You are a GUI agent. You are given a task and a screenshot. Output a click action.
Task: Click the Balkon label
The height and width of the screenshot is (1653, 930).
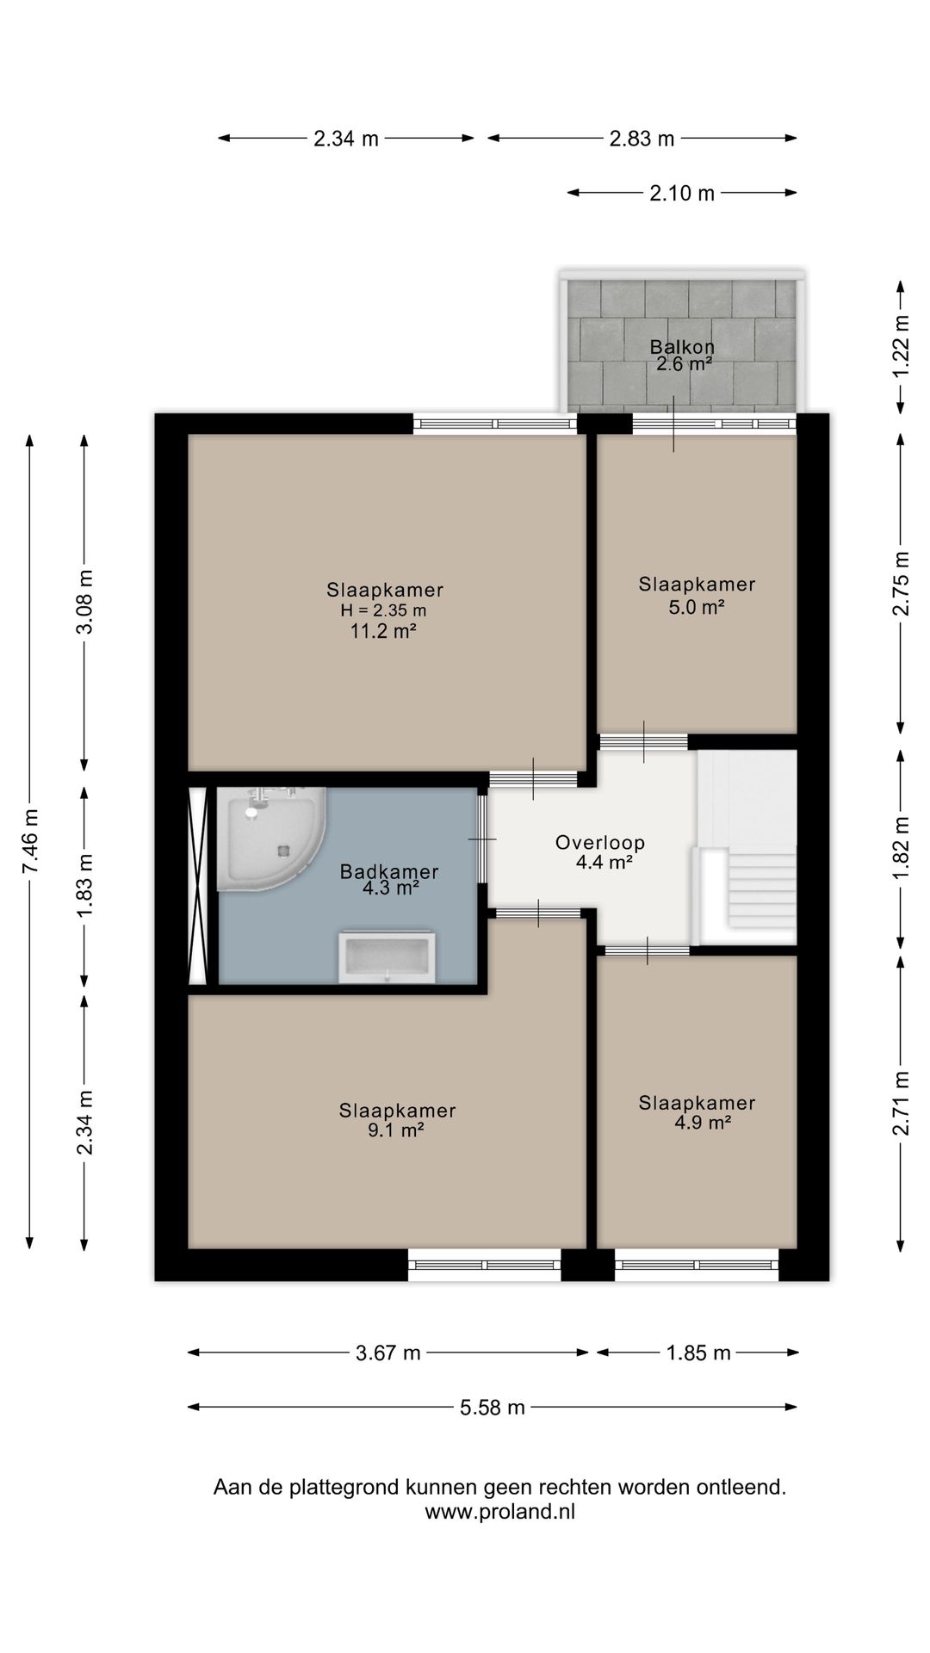click(x=682, y=348)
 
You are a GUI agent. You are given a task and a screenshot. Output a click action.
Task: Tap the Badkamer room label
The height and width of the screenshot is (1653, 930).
click(x=389, y=871)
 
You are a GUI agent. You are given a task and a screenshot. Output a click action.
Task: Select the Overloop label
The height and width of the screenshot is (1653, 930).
click(x=599, y=843)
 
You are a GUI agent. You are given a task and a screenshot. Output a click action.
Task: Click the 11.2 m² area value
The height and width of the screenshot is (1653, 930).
click(x=384, y=632)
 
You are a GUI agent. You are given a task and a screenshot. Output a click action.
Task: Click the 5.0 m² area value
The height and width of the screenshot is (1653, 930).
click(x=697, y=607)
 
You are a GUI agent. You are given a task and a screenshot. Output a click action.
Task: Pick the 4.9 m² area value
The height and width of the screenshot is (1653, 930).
click(x=704, y=1123)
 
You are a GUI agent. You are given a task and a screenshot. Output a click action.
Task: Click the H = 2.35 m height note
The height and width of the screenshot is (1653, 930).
click(x=384, y=610)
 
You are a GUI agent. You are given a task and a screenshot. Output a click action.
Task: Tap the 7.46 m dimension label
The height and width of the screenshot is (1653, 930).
click(x=30, y=841)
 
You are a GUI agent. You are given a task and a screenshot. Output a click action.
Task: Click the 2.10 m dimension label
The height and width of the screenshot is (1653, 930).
click(x=682, y=194)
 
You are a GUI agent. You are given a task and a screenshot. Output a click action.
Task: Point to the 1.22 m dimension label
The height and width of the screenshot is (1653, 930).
click(x=901, y=345)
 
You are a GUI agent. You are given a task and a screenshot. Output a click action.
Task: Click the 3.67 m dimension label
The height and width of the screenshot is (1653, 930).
click(x=388, y=1353)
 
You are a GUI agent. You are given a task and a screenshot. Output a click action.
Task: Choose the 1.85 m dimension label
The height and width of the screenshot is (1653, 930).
click(x=698, y=1353)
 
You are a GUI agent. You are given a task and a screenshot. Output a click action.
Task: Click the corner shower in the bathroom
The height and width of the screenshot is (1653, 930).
click(x=269, y=836)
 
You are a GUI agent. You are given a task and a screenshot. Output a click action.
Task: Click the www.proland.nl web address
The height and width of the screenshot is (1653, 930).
click(x=500, y=1512)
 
